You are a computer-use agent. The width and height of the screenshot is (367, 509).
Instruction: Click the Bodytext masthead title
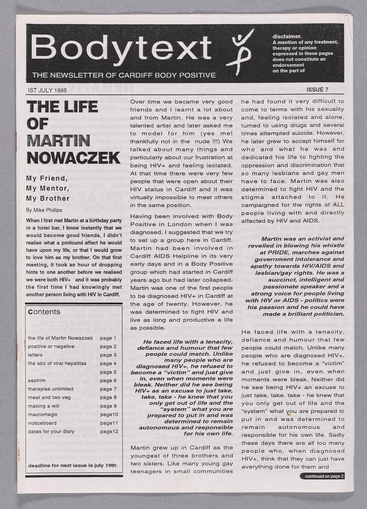tap(122, 47)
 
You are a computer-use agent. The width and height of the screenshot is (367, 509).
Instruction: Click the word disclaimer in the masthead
tap(287, 36)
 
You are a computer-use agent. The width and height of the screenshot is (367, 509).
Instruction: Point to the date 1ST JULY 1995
tap(47, 90)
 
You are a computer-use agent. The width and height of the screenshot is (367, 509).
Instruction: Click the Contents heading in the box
tap(44, 312)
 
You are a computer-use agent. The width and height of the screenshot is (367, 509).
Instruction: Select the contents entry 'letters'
tap(35, 355)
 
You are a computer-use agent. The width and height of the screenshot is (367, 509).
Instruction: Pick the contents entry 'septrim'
tap(36, 380)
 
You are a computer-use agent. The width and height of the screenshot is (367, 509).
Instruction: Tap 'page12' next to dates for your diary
tap(109, 431)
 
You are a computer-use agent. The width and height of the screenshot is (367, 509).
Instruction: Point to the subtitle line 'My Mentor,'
tap(48, 188)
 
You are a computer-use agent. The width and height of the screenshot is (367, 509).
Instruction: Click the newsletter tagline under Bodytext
tap(123, 75)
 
